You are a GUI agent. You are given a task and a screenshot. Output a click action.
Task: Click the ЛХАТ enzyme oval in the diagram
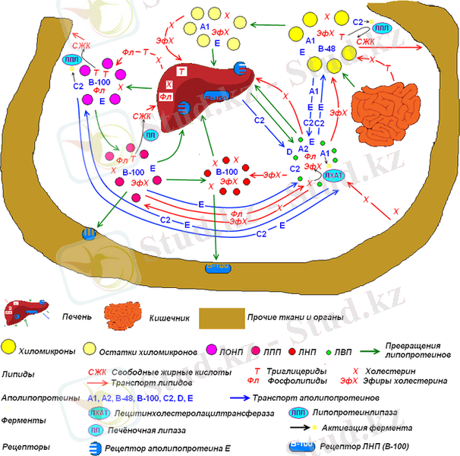pyautogui.click(x=334, y=176)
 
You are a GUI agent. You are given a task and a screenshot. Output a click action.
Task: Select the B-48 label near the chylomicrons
pyautogui.click(x=326, y=49)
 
